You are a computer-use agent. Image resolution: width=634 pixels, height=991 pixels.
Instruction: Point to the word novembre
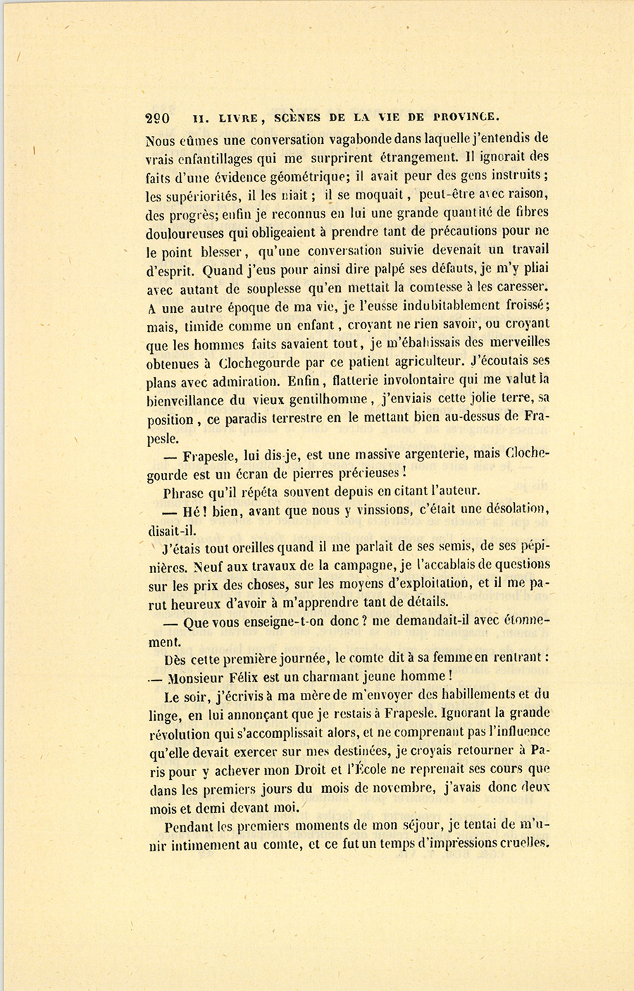394,788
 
